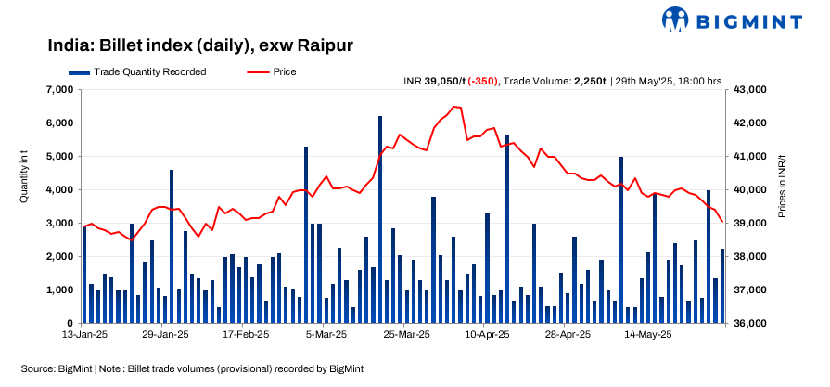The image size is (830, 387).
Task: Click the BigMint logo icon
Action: click(x=675, y=19)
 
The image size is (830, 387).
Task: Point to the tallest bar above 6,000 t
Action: click(x=380, y=219)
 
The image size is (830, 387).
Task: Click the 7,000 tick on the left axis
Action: click(x=60, y=90)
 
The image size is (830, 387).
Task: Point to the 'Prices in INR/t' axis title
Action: click(x=782, y=187)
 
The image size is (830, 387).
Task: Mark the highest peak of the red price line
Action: click(x=454, y=107)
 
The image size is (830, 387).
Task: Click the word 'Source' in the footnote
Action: click(x=38, y=368)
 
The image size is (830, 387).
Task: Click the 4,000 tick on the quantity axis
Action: click(x=60, y=190)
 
